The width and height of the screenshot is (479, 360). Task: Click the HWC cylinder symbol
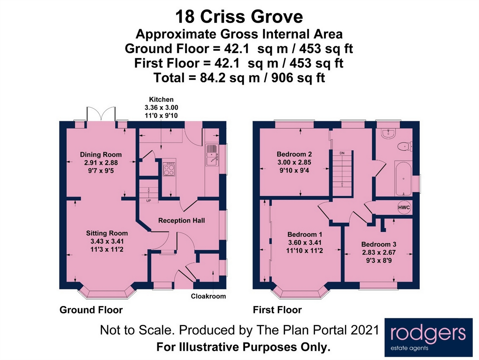point(404,207)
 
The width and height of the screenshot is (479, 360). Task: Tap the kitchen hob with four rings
point(169,169)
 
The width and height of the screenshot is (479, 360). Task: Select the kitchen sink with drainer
point(212,155)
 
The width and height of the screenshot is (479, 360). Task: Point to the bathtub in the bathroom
point(403,178)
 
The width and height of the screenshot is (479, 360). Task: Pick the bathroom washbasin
point(389,133)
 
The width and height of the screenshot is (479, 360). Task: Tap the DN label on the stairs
point(342,153)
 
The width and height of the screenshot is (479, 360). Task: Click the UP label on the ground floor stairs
point(149,201)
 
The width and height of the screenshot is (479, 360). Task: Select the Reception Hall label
point(182,220)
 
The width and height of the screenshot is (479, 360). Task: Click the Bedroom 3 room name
point(379,244)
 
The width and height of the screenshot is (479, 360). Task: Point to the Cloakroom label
point(208,296)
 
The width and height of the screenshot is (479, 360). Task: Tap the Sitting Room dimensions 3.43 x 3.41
point(107,241)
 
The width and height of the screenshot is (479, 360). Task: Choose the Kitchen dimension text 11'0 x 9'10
point(161,115)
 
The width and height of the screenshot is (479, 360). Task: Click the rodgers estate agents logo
point(428,337)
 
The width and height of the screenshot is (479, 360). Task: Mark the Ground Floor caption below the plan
point(91,310)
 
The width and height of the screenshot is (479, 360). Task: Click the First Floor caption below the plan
point(277,310)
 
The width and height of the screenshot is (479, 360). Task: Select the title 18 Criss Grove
point(239,17)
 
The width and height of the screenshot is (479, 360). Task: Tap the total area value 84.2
point(213,78)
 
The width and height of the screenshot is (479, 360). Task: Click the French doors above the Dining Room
point(101,114)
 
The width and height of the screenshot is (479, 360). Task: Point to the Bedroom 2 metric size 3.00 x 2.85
point(294,162)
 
